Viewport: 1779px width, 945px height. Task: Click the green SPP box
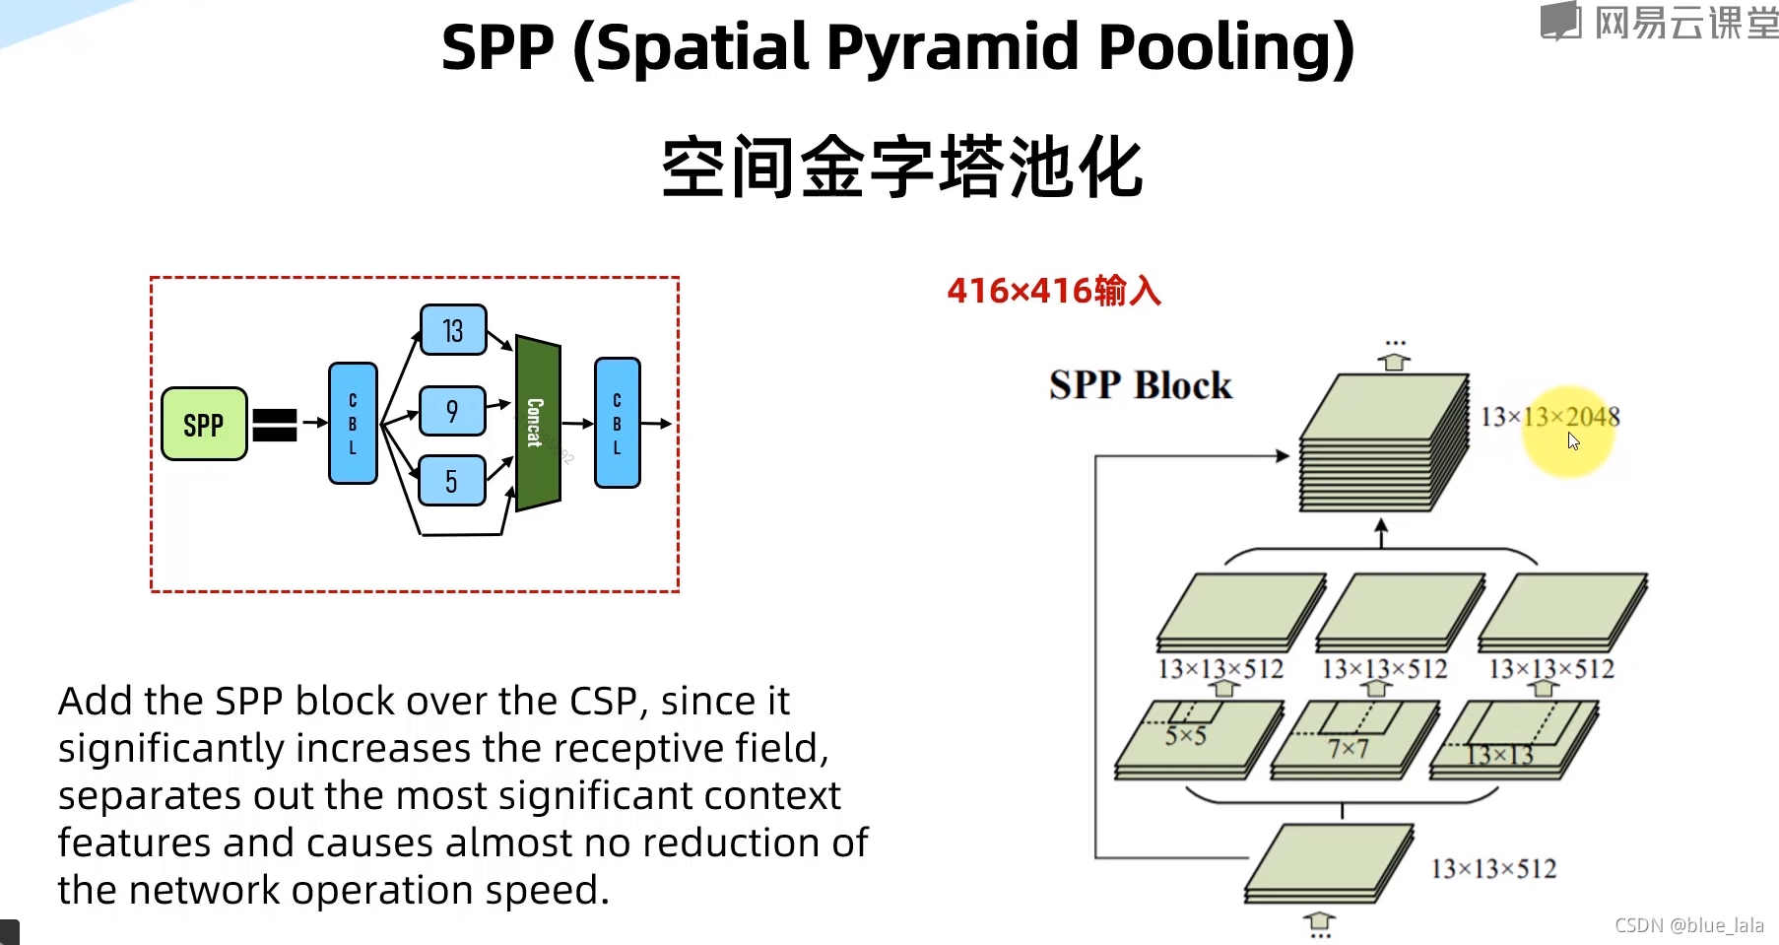tap(204, 424)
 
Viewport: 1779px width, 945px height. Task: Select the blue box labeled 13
tap(453, 330)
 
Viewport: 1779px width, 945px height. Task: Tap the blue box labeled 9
tap(452, 411)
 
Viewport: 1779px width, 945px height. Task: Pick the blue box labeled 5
tap(452, 481)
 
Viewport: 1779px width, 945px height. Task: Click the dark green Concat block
tap(537, 424)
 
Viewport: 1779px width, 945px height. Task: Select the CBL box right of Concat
tap(618, 424)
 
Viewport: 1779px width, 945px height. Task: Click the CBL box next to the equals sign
tap(353, 424)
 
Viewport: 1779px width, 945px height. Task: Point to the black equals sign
tap(275, 425)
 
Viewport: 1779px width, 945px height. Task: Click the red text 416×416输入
tap(1054, 291)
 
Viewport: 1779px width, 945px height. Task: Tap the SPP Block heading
tap(1140, 384)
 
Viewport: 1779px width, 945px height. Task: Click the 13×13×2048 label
tap(1549, 417)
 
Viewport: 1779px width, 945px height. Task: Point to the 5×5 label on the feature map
tap(1185, 735)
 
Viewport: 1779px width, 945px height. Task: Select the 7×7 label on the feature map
tap(1348, 749)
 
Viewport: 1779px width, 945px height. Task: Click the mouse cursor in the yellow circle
tap(1573, 440)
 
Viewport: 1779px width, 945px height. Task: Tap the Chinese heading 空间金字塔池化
tap(901, 168)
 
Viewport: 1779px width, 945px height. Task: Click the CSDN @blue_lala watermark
tap(1688, 925)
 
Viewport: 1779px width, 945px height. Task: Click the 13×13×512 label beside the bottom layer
tap(1493, 868)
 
